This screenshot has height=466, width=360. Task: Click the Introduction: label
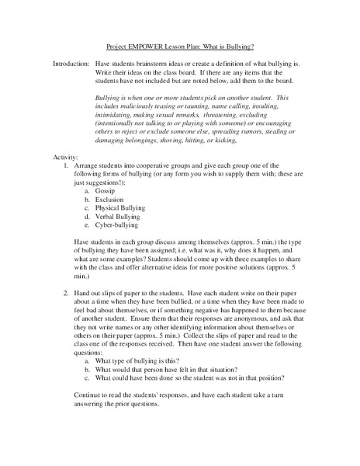tap(71, 61)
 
